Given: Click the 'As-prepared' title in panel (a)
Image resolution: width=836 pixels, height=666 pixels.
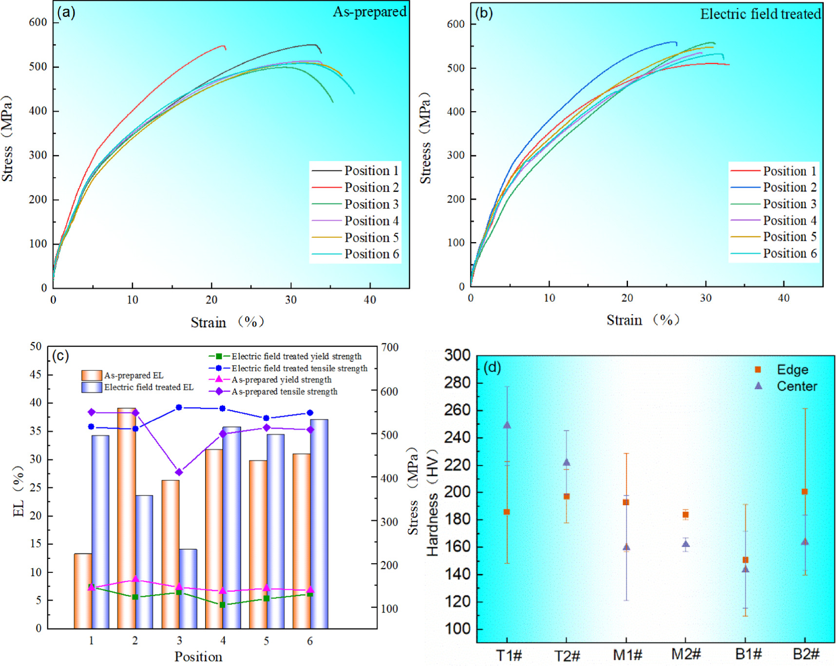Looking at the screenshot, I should pyautogui.click(x=369, y=12).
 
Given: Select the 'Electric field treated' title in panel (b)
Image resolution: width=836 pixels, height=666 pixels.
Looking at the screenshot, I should pyautogui.click(x=760, y=14).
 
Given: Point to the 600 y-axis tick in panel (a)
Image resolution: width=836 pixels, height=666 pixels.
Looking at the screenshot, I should pyautogui.click(x=38, y=22).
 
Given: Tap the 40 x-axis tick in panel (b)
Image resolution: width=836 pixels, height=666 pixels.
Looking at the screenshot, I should pyautogui.click(x=783, y=298).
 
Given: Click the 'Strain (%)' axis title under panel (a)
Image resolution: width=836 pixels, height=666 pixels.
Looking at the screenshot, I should pyautogui.click(x=227, y=322).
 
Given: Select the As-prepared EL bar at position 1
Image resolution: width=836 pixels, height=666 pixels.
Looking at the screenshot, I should pyautogui.click(x=83, y=590).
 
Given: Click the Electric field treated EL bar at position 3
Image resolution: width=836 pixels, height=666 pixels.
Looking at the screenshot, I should pyautogui.click(x=188, y=589).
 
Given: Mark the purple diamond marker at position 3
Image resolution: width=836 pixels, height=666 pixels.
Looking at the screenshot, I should pyautogui.click(x=179, y=472).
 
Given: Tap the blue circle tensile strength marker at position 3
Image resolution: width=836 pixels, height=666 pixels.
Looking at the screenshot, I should pyautogui.click(x=179, y=407).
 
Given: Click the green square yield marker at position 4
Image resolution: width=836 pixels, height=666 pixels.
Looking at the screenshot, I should pyautogui.click(x=222, y=605).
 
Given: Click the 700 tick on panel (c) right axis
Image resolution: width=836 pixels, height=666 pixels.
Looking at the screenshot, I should pyautogui.click(x=390, y=347).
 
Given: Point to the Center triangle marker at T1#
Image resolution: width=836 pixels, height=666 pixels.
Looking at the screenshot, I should pyautogui.click(x=507, y=425).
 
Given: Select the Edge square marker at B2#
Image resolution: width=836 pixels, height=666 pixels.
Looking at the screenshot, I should pyautogui.click(x=805, y=492).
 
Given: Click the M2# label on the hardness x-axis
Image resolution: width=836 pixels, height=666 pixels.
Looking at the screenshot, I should pyautogui.click(x=685, y=654).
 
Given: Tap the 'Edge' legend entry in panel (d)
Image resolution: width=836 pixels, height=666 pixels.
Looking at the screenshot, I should pyautogui.click(x=792, y=370).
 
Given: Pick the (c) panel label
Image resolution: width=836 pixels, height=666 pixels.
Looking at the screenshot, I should pyautogui.click(x=60, y=356).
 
